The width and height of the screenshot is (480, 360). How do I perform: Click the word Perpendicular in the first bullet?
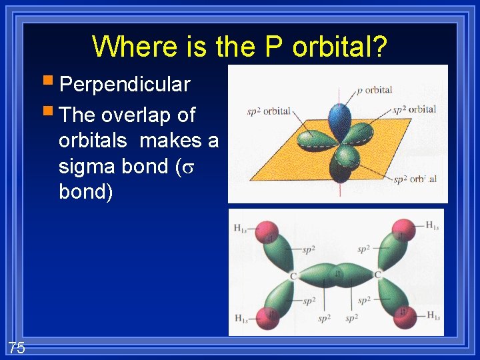(x=124, y=85)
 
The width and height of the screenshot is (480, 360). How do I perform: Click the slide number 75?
(x=17, y=347)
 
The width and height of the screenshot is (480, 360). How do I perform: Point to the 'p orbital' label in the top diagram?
(x=375, y=90)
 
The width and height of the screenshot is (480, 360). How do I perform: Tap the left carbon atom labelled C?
(x=293, y=275)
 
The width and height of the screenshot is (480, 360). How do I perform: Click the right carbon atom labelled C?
(x=377, y=275)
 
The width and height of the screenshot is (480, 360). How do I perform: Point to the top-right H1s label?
(x=432, y=225)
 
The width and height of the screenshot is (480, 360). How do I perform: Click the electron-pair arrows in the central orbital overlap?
(x=338, y=273)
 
